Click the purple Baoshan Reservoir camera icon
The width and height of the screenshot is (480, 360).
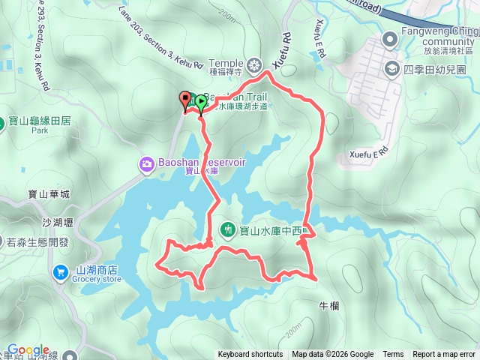[146, 163]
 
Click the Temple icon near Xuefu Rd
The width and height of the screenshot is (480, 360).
[256, 64]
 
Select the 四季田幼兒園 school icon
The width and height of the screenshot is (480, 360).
[391, 69]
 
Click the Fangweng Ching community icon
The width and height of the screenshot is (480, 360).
[389, 39]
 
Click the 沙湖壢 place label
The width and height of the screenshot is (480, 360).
[56, 223]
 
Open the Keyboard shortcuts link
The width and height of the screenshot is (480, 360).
[250, 355]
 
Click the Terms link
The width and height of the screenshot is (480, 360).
[393, 355]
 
